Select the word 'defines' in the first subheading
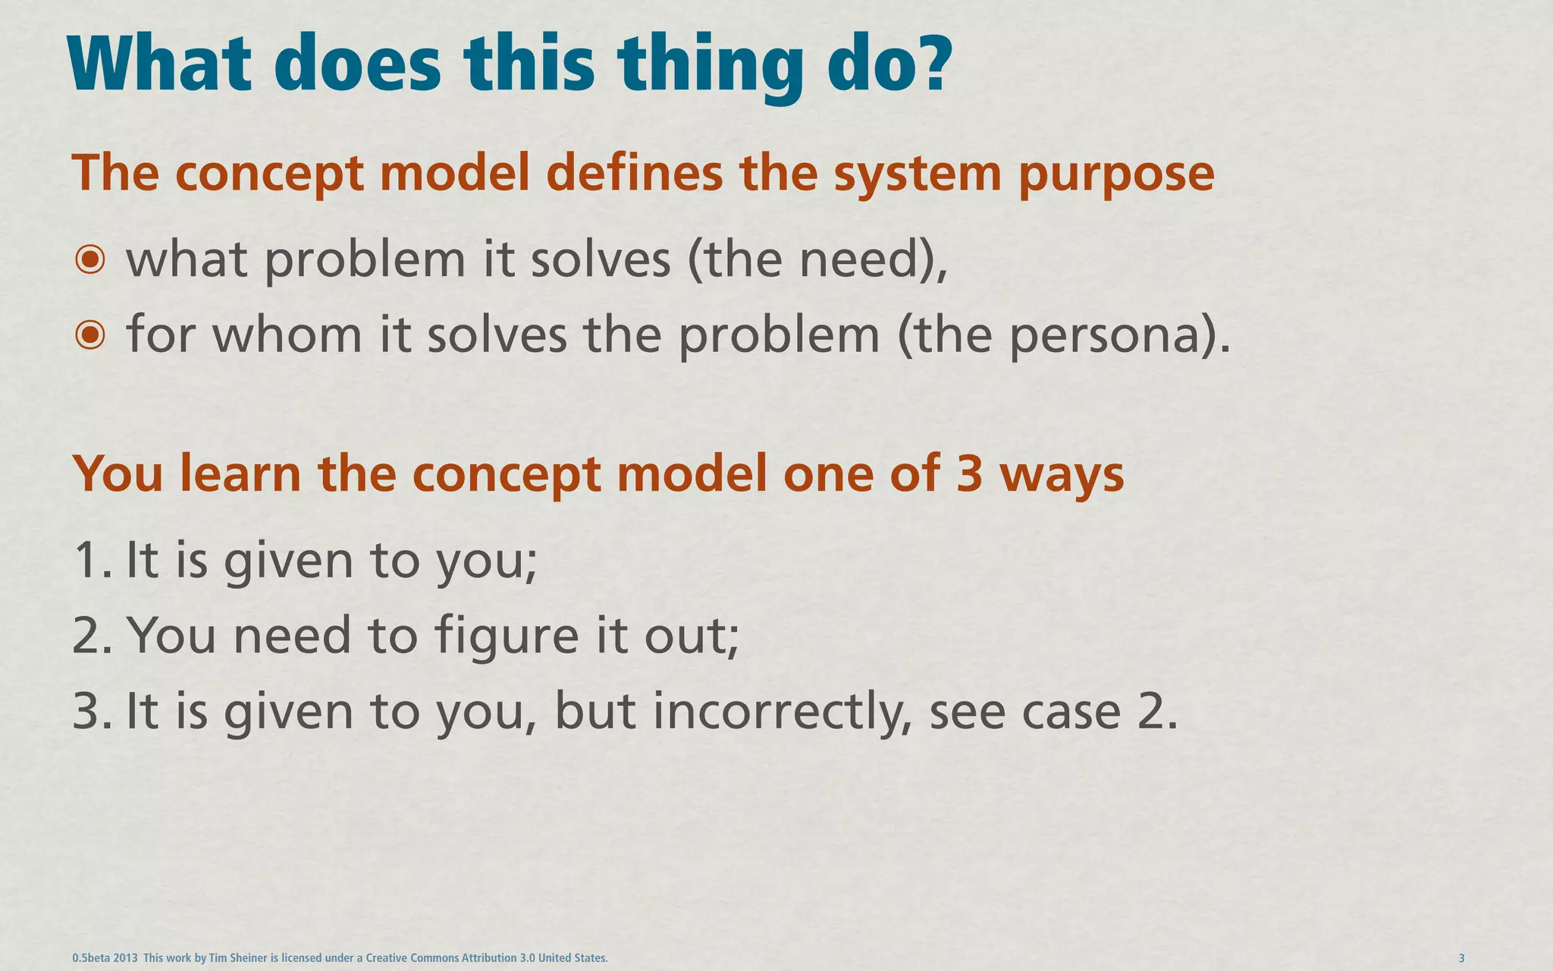coord(634,173)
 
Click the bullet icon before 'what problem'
coord(90,260)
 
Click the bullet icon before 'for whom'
coord(90,335)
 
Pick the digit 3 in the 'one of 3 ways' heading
coord(969,473)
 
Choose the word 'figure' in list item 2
coord(507,637)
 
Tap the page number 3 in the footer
coord(1461,958)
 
